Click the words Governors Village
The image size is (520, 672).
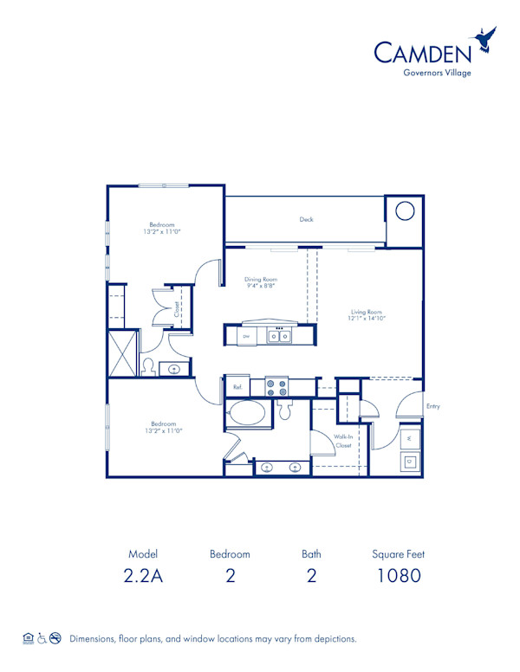coord(438,73)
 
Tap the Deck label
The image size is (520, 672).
coord(306,219)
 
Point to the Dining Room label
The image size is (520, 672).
coord(259,280)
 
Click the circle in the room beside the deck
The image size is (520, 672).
coord(404,211)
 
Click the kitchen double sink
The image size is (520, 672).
coord(278,335)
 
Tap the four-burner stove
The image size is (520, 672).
coord(276,386)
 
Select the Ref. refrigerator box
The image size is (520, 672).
coord(237,386)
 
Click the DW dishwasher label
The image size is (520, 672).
coord(246,335)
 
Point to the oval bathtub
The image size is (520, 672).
coord(248,413)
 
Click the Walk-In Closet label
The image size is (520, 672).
coord(343,442)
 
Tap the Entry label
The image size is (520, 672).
coord(433,406)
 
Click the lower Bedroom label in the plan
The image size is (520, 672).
coord(163,423)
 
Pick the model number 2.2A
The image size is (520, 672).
coord(144,575)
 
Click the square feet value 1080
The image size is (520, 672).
coord(399,575)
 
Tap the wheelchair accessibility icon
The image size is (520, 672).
coord(40,638)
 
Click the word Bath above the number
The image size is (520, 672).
coord(311,553)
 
